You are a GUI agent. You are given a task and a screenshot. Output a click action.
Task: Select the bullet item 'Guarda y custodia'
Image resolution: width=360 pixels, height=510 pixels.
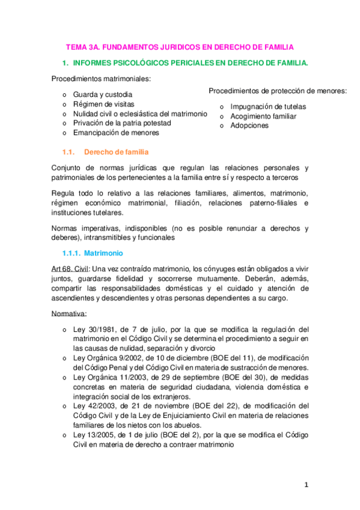click(103, 95)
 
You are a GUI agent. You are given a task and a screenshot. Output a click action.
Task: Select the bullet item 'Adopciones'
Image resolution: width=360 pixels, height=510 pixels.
click(249, 126)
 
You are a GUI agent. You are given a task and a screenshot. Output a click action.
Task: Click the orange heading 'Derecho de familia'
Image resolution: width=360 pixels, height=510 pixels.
click(117, 152)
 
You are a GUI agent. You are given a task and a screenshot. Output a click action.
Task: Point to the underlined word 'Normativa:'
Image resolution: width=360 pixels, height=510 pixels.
click(69, 313)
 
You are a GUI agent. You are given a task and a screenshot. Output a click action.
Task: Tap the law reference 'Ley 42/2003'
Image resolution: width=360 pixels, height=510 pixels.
click(94, 406)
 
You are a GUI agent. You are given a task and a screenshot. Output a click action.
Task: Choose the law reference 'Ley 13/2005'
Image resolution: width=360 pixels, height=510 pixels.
click(94, 434)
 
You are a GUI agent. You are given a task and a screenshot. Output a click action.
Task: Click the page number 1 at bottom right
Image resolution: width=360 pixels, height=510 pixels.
click(306, 484)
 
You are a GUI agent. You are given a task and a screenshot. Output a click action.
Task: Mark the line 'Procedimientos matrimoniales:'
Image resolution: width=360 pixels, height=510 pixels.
click(101, 79)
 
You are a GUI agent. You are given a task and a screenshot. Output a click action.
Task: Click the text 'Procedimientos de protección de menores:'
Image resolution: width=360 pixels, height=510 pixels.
click(278, 91)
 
